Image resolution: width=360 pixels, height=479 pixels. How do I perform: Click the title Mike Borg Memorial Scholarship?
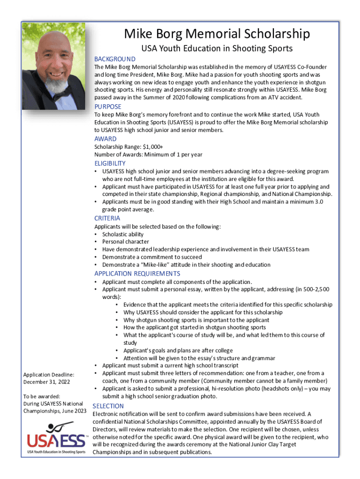[x=217, y=34]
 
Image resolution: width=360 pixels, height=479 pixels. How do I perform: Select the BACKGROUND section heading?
[x=115, y=59]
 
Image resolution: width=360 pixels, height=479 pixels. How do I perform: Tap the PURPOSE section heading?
[x=108, y=107]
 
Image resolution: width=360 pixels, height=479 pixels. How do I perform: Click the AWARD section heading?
[x=105, y=139]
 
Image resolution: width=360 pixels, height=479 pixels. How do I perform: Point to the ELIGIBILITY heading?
[x=110, y=163]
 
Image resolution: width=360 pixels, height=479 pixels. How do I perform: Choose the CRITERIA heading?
[x=107, y=218]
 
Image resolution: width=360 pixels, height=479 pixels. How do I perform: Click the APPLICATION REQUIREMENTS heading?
[x=137, y=274]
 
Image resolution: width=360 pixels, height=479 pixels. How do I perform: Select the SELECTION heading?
[x=108, y=406]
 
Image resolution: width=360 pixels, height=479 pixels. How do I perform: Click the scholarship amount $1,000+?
[x=153, y=147]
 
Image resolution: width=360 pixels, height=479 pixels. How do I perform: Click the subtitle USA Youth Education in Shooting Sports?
[x=217, y=49]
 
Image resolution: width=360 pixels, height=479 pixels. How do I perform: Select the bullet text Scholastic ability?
[x=123, y=234]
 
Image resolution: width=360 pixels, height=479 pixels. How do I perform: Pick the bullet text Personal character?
[x=126, y=242]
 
